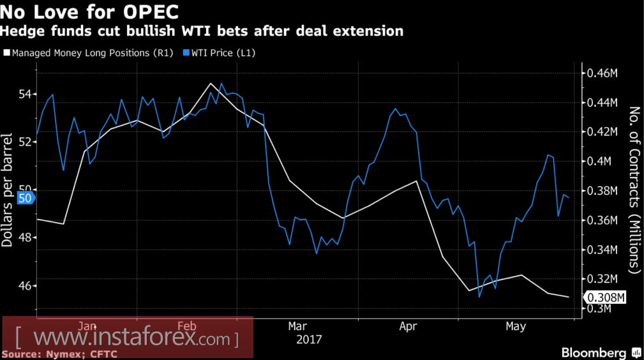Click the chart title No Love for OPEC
pyautogui.click(x=89, y=11)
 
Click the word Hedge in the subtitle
pyautogui.click(x=19, y=31)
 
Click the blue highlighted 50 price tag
pyautogui.click(x=26, y=199)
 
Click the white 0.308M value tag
pyautogui.click(x=606, y=297)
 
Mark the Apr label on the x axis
pyautogui.click(x=408, y=326)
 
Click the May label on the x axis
pyautogui.click(x=516, y=326)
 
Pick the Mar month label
pyautogui.click(x=297, y=326)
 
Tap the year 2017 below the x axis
pyautogui.click(x=310, y=339)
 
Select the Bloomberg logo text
pyautogui.click(x=594, y=353)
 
